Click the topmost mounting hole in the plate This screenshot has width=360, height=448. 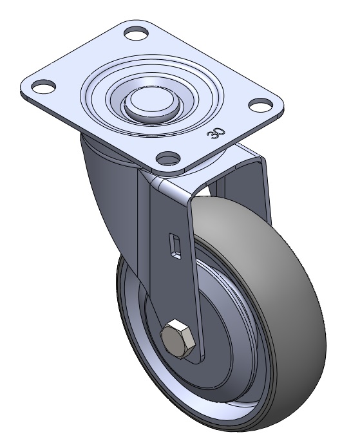tap(137, 33)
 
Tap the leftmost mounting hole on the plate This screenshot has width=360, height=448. tap(43, 86)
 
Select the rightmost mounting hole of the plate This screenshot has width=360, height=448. tap(260, 104)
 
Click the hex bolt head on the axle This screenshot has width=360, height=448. tap(178, 339)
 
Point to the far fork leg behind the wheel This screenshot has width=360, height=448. tap(246, 183)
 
